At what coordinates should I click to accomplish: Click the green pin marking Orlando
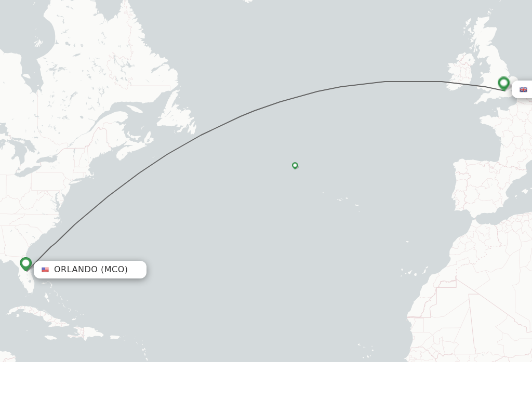coord(25,264)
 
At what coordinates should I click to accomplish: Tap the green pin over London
coord(503,83)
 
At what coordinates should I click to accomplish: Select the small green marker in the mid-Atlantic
coord(295,165)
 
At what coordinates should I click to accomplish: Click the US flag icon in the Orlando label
coord(45,270)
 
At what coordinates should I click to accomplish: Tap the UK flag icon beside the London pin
coord(523,90)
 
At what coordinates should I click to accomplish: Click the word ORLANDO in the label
coord(76,269)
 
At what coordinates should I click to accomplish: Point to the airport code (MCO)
coord(114,269)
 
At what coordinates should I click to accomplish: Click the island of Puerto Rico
coord(115,337)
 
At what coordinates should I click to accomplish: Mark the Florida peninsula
coord(26,275)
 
